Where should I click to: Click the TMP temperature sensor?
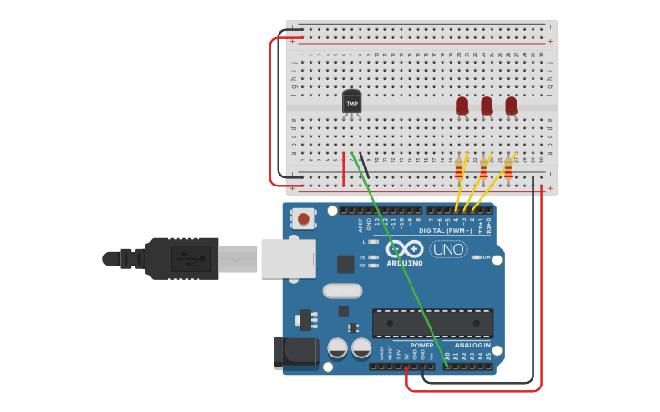click(x=351, y=102)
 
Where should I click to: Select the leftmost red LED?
click(x=462, y=106)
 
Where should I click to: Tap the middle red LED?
click(x=486, y=106)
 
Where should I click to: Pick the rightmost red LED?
click(x=511, y=106)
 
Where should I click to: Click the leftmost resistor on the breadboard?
click(x=458, y=168)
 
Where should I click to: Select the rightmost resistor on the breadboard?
click(x=507, y=168)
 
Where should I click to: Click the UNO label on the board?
click(x=448, y=249)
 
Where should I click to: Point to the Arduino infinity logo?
click(x=403, y=249)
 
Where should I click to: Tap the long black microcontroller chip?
click(x=432, y=323)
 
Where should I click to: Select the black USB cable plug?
click(x=182, y=259)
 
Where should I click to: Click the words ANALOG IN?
click(x=473, y=346)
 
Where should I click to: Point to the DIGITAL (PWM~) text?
click(x=445, y=231)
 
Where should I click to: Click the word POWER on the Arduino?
click(x=421, y=346)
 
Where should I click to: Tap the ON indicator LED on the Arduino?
click(x=476, y=257)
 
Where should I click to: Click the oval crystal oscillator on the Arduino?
click(x=342, y=291)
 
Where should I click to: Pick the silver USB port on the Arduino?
click(x=288, y=258)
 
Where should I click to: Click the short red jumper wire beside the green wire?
click(x=343, y=168)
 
